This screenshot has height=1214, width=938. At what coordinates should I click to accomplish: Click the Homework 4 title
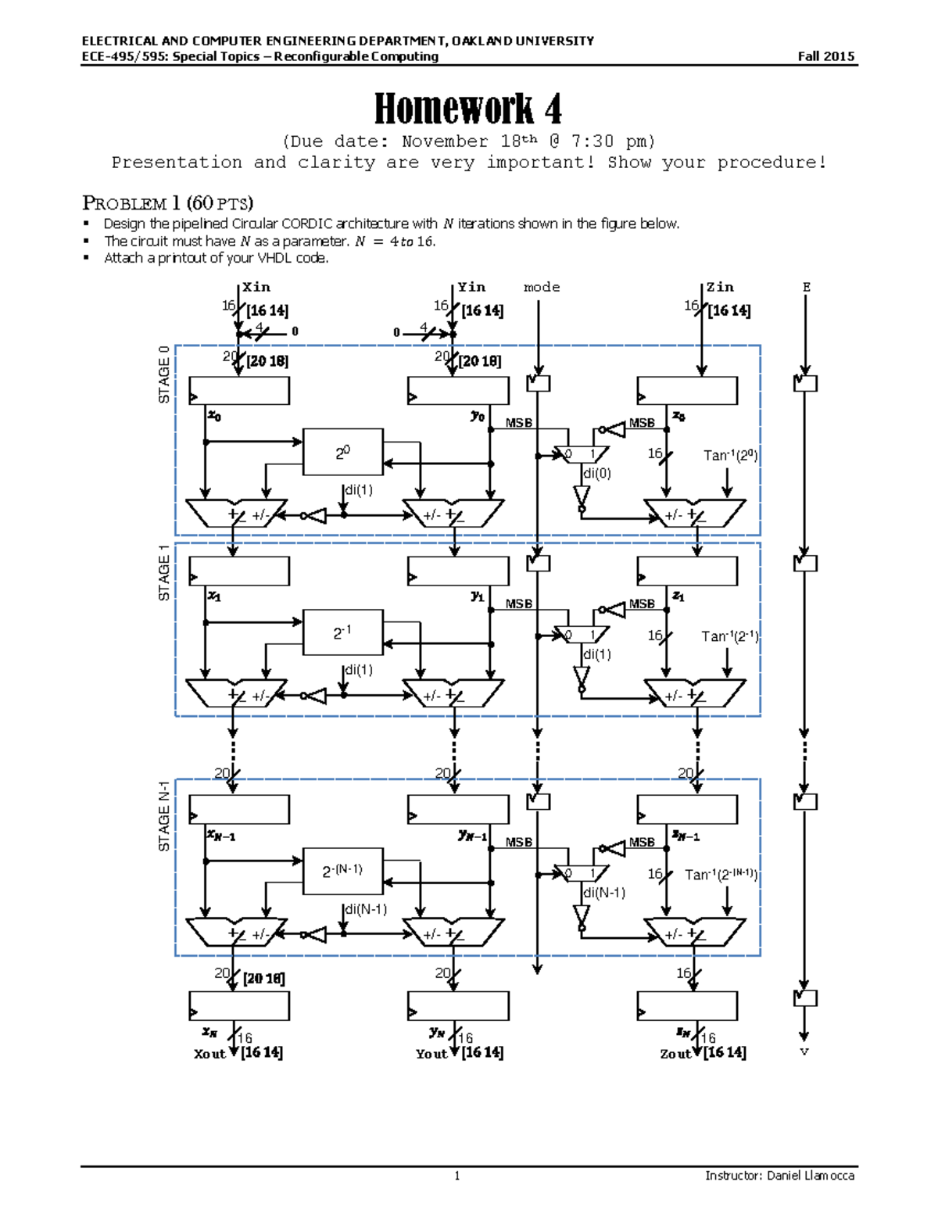pyautogui.click(x=467, y=109)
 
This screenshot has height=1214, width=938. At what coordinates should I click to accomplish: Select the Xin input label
pyautogui.click(x=256, y=287)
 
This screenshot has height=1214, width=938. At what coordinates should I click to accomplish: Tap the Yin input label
pyautogui.click(x=471, y=287)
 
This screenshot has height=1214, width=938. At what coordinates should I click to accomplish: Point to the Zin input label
pyautogui.click(x=720, y=287)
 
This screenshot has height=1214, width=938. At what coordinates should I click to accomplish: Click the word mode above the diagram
pyautogui.click(x=542, y=287)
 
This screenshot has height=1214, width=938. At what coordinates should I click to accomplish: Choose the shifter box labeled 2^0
pyautogui.click(x=342, y=452)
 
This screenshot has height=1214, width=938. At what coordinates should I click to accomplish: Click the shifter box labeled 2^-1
pyautogui.click(x=342, y=632)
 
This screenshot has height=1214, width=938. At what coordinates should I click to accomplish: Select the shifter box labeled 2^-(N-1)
pyautogui.click(x=342, y=870)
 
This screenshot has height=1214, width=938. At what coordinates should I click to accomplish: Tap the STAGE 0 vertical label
pyautogui.click(x=164, y=374)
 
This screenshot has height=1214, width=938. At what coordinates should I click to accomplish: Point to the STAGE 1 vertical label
pyautogui.click(x=164, y=572)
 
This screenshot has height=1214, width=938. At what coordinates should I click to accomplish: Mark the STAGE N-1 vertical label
pyautogui.click(x=164, y=816)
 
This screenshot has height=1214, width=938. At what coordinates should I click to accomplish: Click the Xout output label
pyautogui.click(x=209, y=1054)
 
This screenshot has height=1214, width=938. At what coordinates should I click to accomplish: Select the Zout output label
pyautogui.click(x=675, y=1054)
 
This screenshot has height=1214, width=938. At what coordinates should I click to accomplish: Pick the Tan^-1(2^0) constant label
pyautogui.click(x=730, y=455)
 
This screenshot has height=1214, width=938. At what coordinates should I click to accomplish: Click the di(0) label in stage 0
pyautogui.click(x=597, y=473)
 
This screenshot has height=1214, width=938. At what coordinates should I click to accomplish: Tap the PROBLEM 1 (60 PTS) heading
pyautogui.click(x=167, y=203)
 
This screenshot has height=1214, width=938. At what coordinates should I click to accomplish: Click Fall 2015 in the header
pyautogui.click(x=825, y=56)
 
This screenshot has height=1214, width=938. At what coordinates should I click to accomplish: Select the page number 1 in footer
pyautogui.click(x=457, y=1176)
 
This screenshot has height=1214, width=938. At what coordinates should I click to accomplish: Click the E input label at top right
pyautogui.click(x=806, y=287)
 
